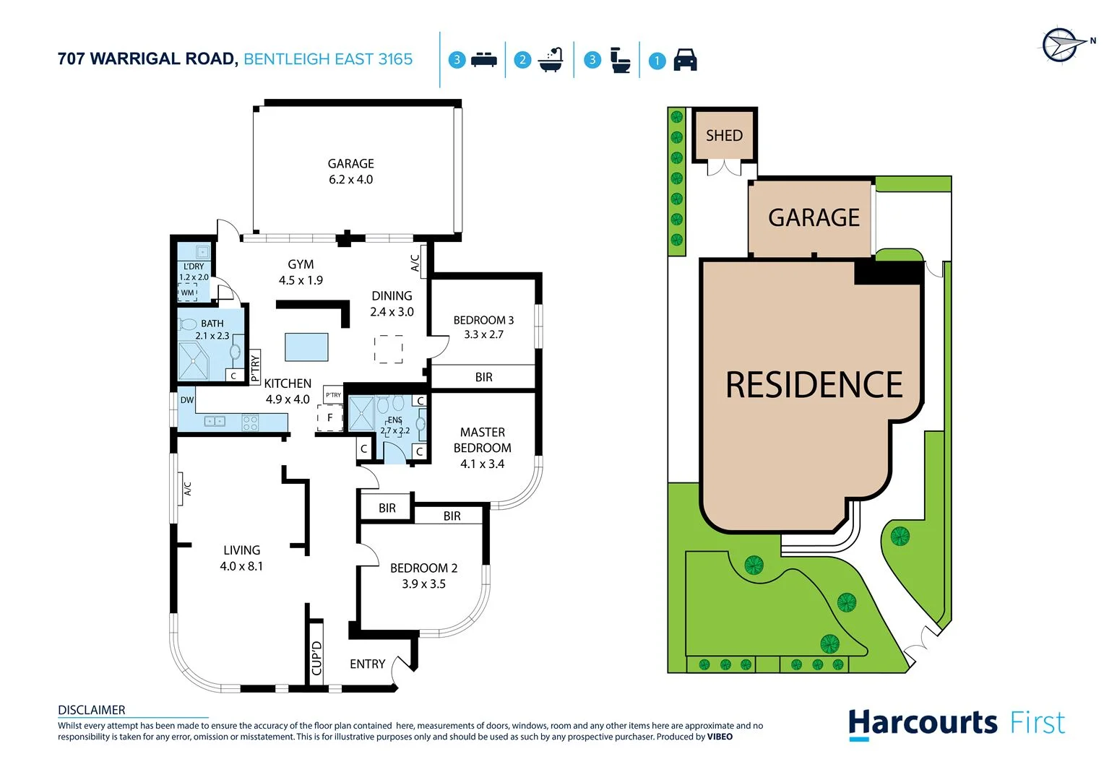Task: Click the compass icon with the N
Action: click(x=1060, y=45)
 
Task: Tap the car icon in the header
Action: click(x=685, y=60)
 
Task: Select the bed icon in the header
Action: click(x=483, y=60)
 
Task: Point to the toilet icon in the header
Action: click(x=620, y=60)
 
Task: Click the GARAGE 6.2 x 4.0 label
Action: click(x=350, y=172)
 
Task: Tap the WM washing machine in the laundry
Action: click(x=188, y=292)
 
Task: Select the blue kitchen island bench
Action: click(x=306, y=347)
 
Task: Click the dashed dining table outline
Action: click(x=389, y=349)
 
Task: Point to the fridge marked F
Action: click(x=330, y=418)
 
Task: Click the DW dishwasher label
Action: click(x=187, y=400)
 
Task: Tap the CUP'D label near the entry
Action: click(x=316, y=658)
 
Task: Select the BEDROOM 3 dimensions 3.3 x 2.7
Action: click(x=483, y=334)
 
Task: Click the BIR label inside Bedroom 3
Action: click(x=483, y=377)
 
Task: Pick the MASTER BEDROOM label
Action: click(x=482, y=440)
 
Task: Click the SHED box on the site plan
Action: click(x=724, y=136)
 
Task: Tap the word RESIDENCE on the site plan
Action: click(x=814, y=385)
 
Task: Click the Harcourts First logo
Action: click(x=956, y=724)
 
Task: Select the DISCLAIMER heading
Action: click(x=92, y=710)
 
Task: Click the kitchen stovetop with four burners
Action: click(x=250, y=422)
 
